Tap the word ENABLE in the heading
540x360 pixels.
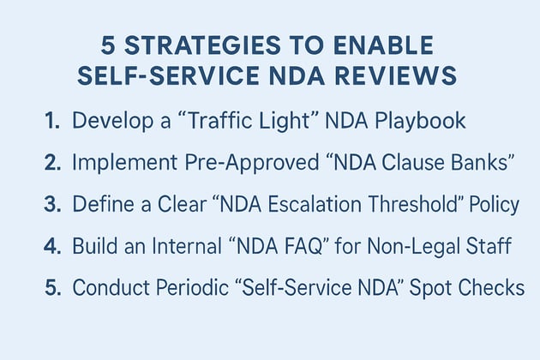[390, 45]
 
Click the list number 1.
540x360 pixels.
[51, 120]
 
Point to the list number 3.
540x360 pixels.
[51, 205]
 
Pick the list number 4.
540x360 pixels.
[51, 247]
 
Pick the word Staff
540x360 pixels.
[490, 247]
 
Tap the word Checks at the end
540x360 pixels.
[493, 288]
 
